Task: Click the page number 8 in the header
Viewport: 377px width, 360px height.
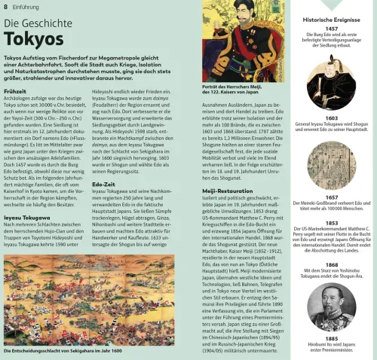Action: pyautogui.click(x=5, y=6)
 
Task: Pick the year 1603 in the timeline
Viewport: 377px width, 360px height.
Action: pyautogui.click(x=332, y=118)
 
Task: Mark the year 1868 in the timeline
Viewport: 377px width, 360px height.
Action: pyautogui.click(x=332, y=265)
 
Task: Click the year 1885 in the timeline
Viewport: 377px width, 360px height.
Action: pyautogui.click(x=332, y=339)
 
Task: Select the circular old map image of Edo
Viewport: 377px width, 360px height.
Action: pyautogui.click(x=332, y=165)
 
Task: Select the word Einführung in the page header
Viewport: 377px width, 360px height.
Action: pyautogui.click(x=27, y=6)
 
